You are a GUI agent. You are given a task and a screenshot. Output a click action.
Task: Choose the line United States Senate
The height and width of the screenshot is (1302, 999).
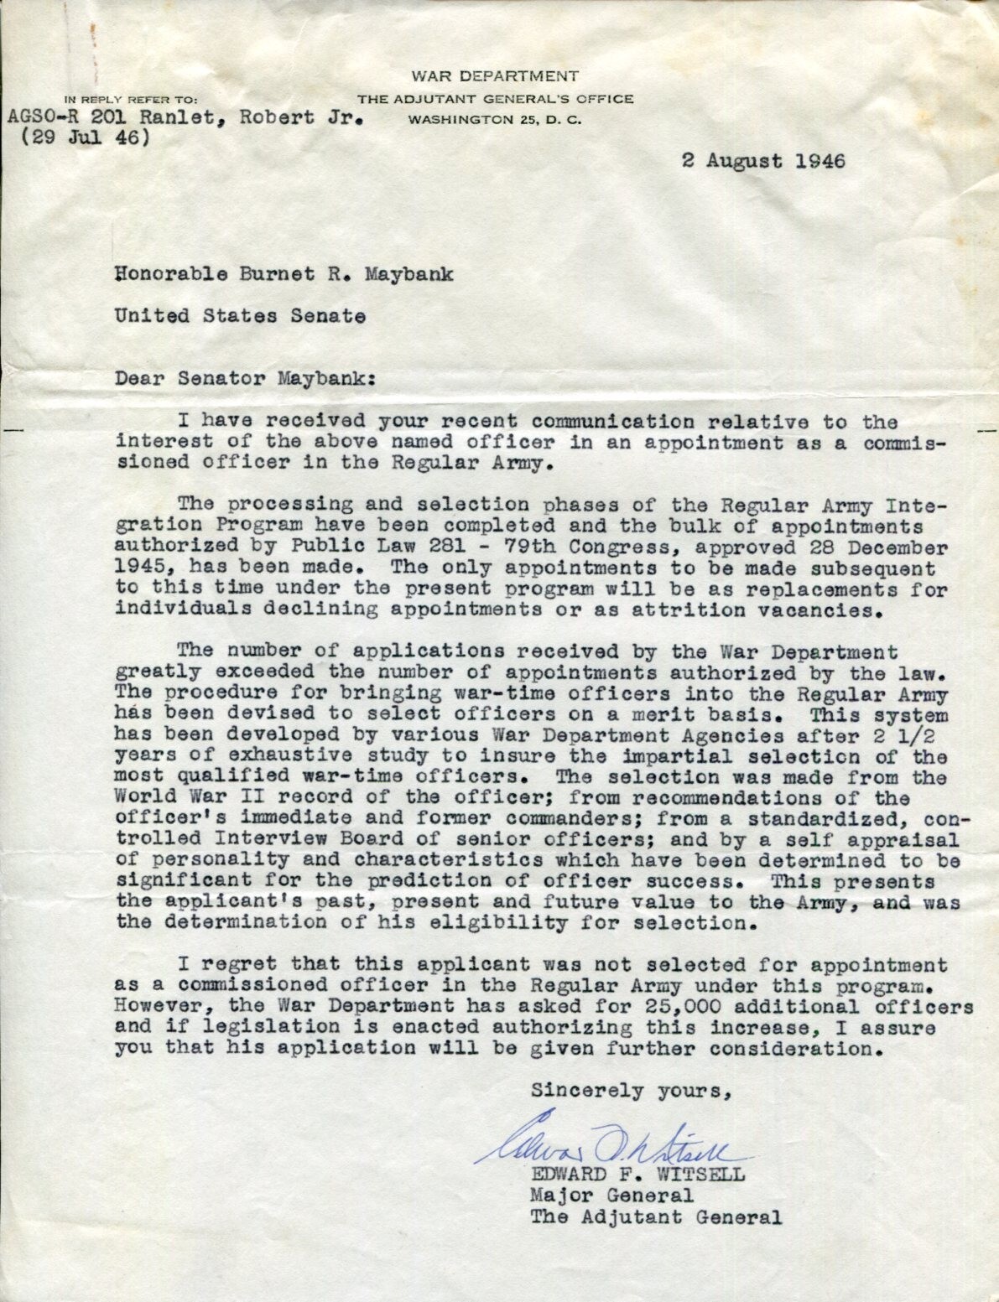pyautogui.click(x=240, y=316)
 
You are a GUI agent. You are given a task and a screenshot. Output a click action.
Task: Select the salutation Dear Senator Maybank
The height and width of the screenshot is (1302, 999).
pyautogui.click(x=246, y=377)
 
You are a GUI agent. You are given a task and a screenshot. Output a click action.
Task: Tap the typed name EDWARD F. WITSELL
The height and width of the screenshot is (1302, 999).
pyautogui.click(x=637, y=1174)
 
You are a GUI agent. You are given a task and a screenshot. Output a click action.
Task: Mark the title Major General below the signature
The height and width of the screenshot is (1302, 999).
pyautogui.click(x=611, y=1195)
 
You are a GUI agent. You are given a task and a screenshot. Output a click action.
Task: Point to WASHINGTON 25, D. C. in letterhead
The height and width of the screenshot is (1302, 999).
pyautogui.click(x=495, y=119)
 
